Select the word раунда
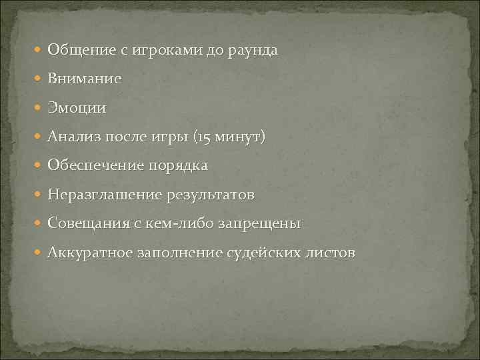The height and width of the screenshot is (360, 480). tap(252, 50)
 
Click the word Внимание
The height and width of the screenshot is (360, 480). tap(85, 79)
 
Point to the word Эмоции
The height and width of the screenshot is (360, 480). tap(77, 108)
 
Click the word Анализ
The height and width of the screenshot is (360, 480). tap(73, 137)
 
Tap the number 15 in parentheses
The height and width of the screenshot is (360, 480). tap(201, 137)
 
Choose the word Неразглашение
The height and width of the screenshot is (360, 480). tap(101, 195)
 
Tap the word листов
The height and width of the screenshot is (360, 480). tap(331, 253)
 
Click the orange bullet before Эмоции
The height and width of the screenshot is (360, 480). tap(38, 108)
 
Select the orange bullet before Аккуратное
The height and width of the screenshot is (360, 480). tap(38, 253)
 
